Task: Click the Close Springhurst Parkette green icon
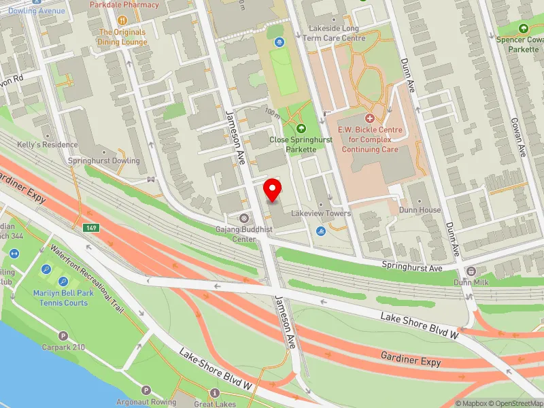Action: [x=302, y=128]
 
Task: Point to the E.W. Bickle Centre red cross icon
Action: [x=370, y=118]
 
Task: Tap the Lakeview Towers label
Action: [x=321, y=214]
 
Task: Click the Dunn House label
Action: [x=420, y=210]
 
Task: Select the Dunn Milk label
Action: [x=472, y=282]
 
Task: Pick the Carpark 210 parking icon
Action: [x=63, y=336]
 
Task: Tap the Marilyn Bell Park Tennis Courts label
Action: [x=61, y=298]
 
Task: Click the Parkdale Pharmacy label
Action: [x=124, y=5]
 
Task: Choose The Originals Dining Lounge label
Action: [x=123, y=37]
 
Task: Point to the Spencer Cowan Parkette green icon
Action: [x=523, y=29]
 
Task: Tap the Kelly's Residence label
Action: [x=39, y=145]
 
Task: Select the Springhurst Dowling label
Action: [x=104, y=161]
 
